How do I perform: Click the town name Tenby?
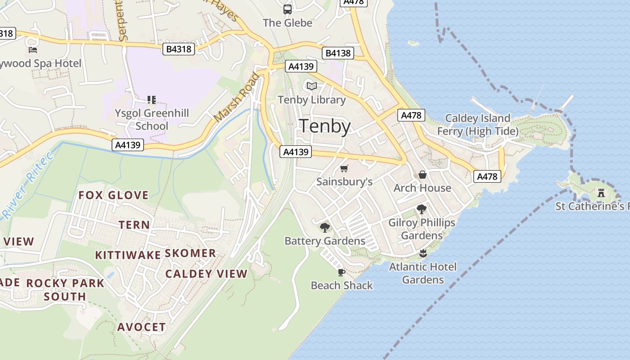click(325, 126)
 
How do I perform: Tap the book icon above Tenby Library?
click(311, 86)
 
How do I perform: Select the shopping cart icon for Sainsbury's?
click(344, 168)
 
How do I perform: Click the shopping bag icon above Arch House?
click(422, 175)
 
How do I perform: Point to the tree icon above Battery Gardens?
click(324, 227)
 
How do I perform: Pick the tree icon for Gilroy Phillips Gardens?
click(422, 209)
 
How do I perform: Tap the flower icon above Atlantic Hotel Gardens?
click(423, 253)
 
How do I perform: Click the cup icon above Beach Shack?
click(341, 272)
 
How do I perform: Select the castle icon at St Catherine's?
click(601, 193)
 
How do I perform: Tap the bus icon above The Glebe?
click(287, 9)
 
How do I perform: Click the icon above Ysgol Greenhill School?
click(152, 99)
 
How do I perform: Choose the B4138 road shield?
click(338, 53)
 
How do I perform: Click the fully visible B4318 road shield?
click(179, 49)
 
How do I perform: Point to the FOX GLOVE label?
click(113, 195)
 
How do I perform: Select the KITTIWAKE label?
click(128, 256)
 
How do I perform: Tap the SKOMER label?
click(190, 253)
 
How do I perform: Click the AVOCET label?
click(142, 327)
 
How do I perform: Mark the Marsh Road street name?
click(237, 97)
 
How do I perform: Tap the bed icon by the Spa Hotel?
click(32, 49)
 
